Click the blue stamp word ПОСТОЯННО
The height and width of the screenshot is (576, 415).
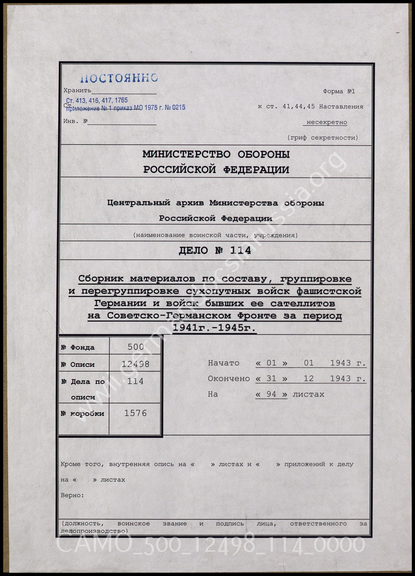(119, 78)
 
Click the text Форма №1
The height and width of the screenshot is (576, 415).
(339, 91)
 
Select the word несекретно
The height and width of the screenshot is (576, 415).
(327, 122)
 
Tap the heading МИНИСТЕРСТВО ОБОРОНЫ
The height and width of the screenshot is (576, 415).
(216, 155)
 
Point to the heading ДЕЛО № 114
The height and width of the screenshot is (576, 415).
(215, 251)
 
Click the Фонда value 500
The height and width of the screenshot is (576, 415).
(135, 347)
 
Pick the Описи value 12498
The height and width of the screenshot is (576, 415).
(135, 364)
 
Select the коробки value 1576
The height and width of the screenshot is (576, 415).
(135, 413)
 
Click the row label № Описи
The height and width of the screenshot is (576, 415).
(78, 365)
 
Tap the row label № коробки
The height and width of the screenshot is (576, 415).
(83, 414)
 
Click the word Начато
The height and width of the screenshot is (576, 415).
(223, 363)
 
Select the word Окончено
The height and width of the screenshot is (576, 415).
(229, 379)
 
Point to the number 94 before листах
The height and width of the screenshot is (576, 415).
(271, 394)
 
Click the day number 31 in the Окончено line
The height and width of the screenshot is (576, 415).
(271, 379)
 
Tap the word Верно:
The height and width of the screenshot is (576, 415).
(72, 495)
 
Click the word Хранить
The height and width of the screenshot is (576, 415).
(77, 90)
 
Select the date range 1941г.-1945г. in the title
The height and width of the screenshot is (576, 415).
(214, 328)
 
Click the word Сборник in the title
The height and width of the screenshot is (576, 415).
(101, 279)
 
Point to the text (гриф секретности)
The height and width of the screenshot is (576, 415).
(323, 138)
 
